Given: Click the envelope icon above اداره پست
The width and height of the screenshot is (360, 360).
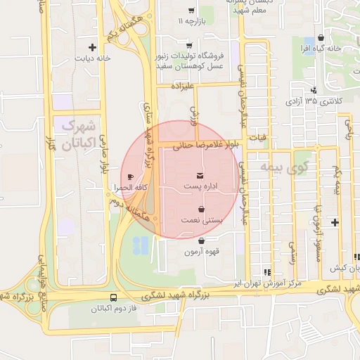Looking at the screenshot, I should click(201, 174).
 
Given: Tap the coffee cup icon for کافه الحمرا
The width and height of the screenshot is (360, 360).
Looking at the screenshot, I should click(129, 176).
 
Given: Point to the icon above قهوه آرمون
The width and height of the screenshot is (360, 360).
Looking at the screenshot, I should click(202, 241).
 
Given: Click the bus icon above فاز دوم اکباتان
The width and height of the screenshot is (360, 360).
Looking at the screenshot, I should click(115, 298).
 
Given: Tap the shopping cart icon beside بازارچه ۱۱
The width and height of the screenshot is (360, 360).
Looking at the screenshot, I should click(191, 11).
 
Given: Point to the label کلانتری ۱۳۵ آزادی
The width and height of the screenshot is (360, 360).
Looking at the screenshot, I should click(313, 101).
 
